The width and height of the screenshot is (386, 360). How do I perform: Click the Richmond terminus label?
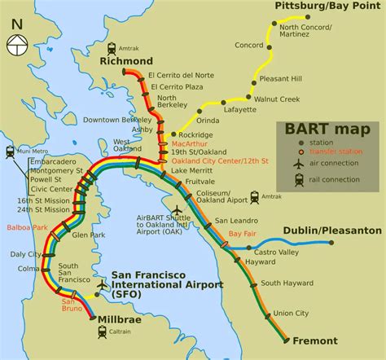click(x=126, y=61)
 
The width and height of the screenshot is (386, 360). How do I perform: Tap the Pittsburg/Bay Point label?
click(x=327, y=7)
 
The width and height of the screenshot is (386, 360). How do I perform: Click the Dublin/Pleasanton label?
click(x=334, y=230)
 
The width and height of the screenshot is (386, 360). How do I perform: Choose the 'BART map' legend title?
click(x=328, y=130)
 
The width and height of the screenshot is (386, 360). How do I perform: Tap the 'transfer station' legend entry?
click(x=336, y=151)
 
